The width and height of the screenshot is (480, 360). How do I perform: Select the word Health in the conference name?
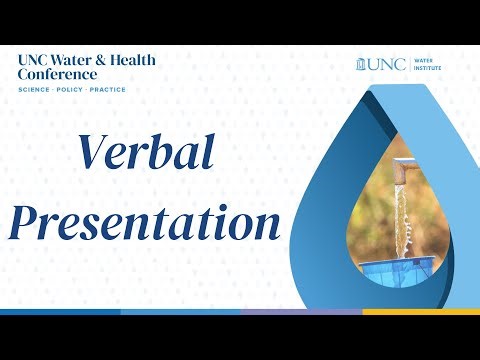[130, 59]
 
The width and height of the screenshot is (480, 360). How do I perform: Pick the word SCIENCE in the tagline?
[35, 90]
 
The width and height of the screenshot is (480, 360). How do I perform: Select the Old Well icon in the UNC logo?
[361, 65]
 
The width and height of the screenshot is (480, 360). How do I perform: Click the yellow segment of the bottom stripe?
[420, 312]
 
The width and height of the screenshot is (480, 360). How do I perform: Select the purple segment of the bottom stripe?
[300, 312]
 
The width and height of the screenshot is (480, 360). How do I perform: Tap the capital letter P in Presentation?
[27, 221]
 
